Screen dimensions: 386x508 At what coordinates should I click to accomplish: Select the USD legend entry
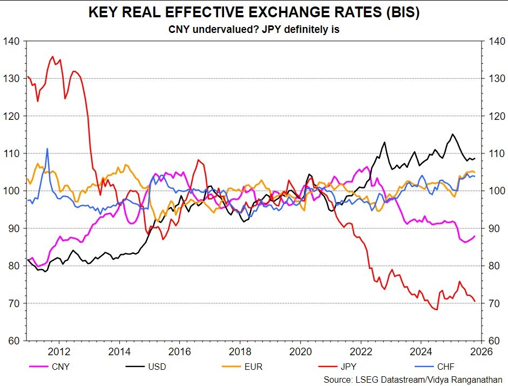157,367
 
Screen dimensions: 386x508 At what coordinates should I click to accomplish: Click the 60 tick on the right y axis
497,341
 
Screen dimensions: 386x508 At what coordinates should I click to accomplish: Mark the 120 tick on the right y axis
497,116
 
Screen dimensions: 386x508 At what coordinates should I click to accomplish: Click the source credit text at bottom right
413,380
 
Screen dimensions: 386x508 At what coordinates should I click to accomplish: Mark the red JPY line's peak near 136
52,56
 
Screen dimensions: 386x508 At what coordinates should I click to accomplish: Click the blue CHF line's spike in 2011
47,148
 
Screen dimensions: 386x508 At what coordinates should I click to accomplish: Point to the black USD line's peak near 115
452,134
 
